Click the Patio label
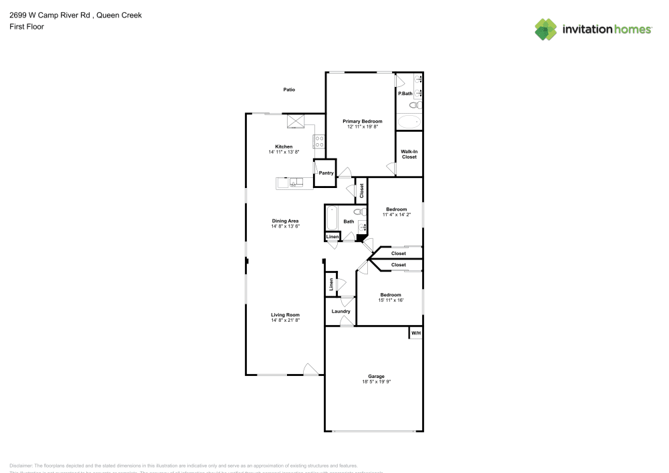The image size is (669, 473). (289, 90)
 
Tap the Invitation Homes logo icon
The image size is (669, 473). (545, 29)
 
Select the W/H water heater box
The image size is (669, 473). (415, 333)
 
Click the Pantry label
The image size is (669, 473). (326, 173)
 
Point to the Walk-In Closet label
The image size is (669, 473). (409, 155)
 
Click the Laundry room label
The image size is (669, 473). (341, 311)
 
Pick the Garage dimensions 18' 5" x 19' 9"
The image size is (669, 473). (375, 382)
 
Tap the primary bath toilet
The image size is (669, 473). (415, 106)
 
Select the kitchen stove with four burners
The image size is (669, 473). (319, 141)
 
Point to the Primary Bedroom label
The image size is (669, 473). (363, 121)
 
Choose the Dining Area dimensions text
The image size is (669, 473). (285, 226)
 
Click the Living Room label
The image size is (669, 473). (285, 314)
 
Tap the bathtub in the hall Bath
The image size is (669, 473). (332, 218)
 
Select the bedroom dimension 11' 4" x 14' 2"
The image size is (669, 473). (396, 215)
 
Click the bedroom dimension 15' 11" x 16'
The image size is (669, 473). (391, 300)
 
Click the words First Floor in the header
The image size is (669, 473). (27, 27)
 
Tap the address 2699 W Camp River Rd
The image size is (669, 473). (50, 15)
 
